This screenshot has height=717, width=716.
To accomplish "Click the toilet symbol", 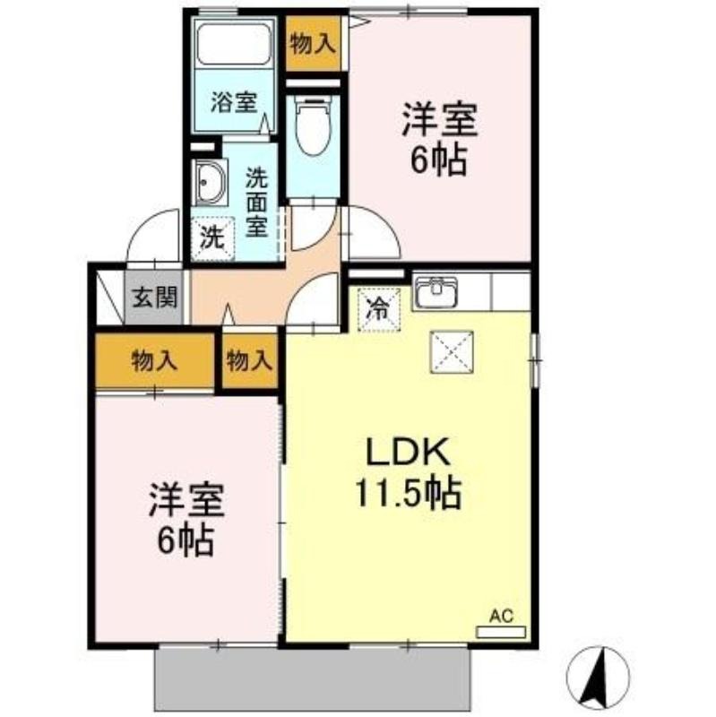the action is (313, 125).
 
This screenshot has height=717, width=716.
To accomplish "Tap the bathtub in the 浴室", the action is (233, 44).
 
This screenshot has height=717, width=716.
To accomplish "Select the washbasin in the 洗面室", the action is (210, 182).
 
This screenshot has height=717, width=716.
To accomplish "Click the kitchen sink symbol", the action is (436, 292).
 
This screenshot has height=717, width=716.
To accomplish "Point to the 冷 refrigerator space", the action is (378, 310).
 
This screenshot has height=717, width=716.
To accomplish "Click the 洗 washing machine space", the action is (212, 238).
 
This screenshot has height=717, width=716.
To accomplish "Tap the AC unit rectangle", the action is (501, 633).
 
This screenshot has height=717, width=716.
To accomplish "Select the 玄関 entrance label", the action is (154, 298).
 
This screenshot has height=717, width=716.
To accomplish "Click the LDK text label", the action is (407, 452).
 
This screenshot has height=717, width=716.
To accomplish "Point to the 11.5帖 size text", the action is (408, 493).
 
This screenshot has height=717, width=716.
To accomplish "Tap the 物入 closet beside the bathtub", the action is (313, 44).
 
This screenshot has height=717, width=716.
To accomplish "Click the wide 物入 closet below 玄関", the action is (154, 361).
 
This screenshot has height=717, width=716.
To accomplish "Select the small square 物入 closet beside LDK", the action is (250, 361).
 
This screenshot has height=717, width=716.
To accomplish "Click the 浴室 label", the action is (234, 102).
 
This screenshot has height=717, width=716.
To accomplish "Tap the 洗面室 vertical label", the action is (256, 203).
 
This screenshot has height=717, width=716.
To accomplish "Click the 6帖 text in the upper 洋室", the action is (438, 160).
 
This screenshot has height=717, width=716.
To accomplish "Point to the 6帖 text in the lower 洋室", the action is (185, 540).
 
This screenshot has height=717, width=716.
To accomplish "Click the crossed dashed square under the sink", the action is (452, 352).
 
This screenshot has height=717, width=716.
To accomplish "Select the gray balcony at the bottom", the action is (312, 679).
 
